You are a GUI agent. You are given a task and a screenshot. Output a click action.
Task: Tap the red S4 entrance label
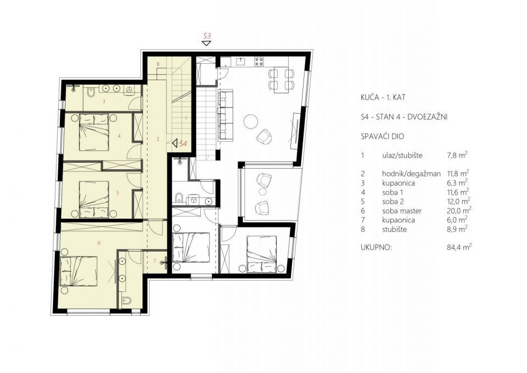(x=183, y=143)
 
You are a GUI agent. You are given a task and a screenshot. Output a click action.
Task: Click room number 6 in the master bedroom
(x=99, y=242)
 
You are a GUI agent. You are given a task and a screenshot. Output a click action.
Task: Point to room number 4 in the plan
(x=119, y=136)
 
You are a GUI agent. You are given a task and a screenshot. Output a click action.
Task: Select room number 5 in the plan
(x=117, y=193)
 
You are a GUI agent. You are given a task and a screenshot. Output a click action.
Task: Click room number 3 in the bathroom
(x=104, y=101)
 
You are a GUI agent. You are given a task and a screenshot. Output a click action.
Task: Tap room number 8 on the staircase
(x=158, y=64)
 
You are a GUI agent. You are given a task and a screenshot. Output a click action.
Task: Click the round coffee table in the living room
(x=251, y=121)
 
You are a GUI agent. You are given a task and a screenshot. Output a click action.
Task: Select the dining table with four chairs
(x=282, y=80)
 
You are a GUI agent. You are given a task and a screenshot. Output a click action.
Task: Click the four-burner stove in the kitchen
(x=259, y=61)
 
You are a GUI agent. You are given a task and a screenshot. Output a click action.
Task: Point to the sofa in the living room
(x=226, y=115)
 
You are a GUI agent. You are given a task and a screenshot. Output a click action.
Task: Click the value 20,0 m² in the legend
(x=457, y=210)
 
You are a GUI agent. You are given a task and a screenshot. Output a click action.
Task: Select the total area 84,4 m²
(x=457, y=248)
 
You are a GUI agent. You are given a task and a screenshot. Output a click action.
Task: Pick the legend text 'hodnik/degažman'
(x=411, y=174)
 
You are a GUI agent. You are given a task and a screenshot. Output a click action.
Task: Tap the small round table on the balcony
(x=262, y=191)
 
